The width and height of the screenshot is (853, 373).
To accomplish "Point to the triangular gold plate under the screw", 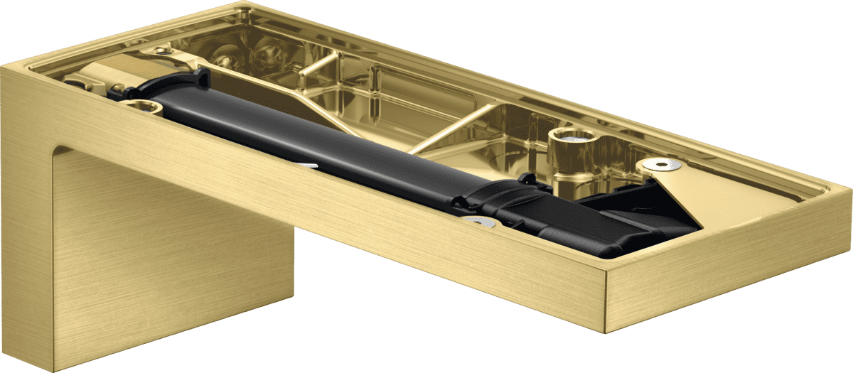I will [x=682, y=188].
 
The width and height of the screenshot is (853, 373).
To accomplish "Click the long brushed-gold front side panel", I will [x=355, y=213].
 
